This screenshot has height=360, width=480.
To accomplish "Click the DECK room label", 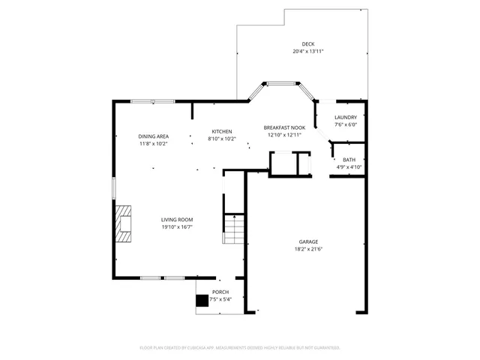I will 307,44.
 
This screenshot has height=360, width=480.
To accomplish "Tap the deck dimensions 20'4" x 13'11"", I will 307,52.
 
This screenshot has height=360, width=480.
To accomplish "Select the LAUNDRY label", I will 346,117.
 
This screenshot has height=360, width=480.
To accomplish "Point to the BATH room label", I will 349,160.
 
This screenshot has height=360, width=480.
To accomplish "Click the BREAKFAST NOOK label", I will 283,127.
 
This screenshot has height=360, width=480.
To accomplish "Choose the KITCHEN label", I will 221,131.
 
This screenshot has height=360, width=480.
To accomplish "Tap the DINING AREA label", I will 153,136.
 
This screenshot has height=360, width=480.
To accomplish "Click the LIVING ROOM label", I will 177,219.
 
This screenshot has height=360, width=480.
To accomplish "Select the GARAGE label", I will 309,241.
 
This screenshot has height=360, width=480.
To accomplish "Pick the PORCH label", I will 220,292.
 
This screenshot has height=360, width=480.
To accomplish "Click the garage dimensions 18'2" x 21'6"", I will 309,249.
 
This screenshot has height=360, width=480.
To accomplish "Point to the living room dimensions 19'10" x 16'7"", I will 177,226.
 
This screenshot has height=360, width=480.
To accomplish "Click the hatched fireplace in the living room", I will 123,223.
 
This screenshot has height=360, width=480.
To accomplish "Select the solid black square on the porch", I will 202,301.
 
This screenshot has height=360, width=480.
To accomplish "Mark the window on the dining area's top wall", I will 152,101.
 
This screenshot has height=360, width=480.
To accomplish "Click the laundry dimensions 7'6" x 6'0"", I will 346,124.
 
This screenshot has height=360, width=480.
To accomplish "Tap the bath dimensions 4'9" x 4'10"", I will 349,167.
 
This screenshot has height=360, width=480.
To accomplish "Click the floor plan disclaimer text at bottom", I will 240,348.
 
